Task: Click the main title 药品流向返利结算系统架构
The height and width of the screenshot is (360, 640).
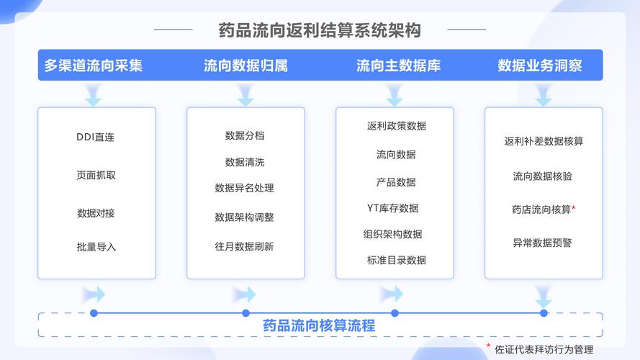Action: tap(320, 30)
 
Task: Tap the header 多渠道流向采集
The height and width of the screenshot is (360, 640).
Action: tap(94, 66)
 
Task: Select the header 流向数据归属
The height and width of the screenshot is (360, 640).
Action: tap(245, 66)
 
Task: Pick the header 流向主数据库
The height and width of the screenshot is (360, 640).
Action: tap(398, 66)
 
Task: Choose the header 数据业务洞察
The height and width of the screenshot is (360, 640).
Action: tap(540, 66)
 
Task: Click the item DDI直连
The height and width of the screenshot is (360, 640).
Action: tap(96, 137)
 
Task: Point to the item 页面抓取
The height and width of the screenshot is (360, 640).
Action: tap(96, 175)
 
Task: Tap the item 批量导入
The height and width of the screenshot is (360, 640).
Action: tap(96, 247)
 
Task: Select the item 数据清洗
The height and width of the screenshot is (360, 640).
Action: tap(245, 162)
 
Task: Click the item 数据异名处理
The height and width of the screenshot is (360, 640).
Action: tap(245, 188)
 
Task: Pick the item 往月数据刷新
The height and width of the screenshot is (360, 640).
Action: tap(245, 246)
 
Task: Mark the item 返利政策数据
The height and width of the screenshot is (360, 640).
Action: tap(397, 126)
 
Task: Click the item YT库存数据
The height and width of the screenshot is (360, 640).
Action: tap(392, 208)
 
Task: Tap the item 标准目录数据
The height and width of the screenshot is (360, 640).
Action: tap(397, 260)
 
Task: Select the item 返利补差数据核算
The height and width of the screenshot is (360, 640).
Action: tap(544, 141)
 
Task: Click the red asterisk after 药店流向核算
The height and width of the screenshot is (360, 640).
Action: tap(574, 208)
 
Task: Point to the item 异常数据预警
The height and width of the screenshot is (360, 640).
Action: tap(542, 243)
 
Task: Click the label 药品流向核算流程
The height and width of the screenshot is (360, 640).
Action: tap(319, 325)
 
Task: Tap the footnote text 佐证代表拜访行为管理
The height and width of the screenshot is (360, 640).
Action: tap(544, 349)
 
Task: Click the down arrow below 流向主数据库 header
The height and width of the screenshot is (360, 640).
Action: tap(395, 95)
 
